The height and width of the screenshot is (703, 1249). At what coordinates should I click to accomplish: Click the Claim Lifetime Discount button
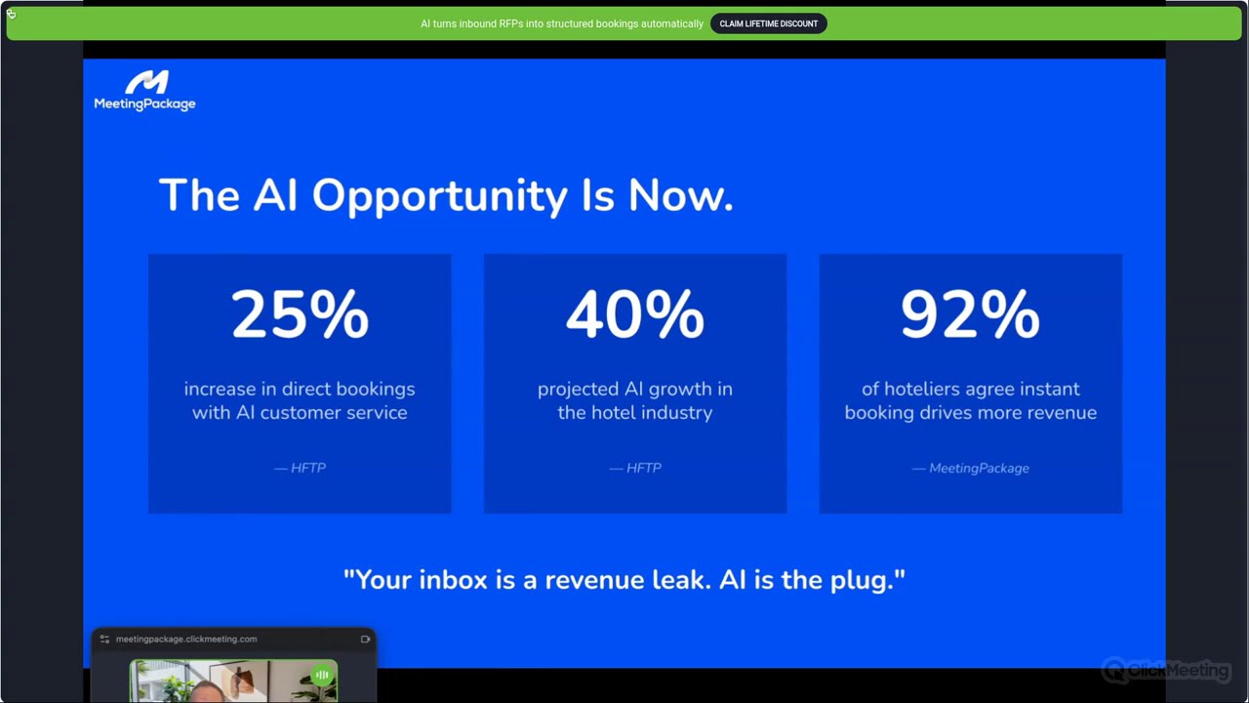point(768,23)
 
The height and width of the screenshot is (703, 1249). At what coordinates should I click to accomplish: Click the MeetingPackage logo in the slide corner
point(144,91)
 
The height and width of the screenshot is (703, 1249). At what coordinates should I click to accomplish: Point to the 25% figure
point(300,315)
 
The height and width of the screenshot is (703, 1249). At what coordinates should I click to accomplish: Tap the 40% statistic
point(634,315)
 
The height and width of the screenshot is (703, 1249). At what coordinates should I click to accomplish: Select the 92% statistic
point(970,315)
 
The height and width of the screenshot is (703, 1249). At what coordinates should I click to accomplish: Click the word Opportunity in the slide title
point(439,196)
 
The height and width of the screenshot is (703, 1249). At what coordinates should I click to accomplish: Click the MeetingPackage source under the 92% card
point(979,468)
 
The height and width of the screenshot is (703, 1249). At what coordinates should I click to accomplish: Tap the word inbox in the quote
point(453,580)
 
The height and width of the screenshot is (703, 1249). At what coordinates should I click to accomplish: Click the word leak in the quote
point(680,580)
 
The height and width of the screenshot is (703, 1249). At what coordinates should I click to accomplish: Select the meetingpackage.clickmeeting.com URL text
point(186,639)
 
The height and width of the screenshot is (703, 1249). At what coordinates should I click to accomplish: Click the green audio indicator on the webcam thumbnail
point(322,675)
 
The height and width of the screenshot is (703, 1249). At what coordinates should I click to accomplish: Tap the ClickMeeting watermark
point(1166,671)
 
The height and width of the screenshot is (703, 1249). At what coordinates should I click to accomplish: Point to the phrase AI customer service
point(321,412)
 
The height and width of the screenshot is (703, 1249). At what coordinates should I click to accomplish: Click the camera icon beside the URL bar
point(365,640)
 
